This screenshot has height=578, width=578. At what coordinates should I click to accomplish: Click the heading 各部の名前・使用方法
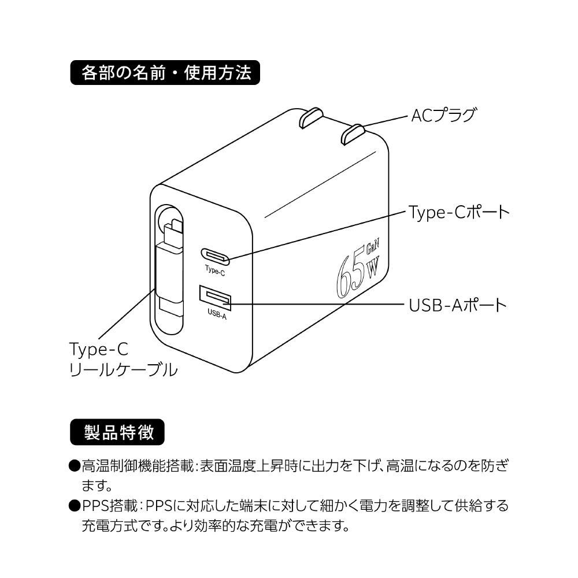pyautogui.click(x=165, y=73)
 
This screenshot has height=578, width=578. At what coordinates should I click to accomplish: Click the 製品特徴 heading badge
pyautogui.click(x=117, y=432)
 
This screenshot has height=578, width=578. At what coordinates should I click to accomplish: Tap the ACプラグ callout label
pyautogui.click(x=443, y=116)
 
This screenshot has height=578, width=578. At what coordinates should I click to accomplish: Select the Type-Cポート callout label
pyautogui.click(x=459, y=212)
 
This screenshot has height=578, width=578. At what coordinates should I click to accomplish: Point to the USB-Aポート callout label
pyautogui.click(x=458, y=305)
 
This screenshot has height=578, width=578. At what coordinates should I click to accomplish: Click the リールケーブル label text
pyautogui.click(x=124, y=370)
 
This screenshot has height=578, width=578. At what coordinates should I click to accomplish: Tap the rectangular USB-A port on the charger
pyautogui.click(x=215, y=298)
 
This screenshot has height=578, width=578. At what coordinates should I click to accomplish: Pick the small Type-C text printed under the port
pyautogui.click(x=215, y=271)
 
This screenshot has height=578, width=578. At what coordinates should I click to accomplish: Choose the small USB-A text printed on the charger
pyautogui.click(x=217, y=314)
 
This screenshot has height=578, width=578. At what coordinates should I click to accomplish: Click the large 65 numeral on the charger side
pyautogui.click(x=350, y=274)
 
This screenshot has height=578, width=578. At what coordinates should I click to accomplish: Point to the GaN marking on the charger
pyautogui.click(x=372, y=246)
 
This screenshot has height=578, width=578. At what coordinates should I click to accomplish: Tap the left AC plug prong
pyautogui.click(x=312, y=117)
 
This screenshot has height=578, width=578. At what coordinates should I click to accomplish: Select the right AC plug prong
pyautogui.click(x=353, y=134)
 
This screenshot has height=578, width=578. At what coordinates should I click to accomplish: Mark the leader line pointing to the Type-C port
pyautogui.click(x=314, y=235)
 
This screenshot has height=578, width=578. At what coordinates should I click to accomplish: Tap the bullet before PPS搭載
pyautogui.click(x=75, y=506)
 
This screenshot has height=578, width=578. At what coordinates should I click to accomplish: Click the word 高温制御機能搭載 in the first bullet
pyautogui.click(x=138, y=466)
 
